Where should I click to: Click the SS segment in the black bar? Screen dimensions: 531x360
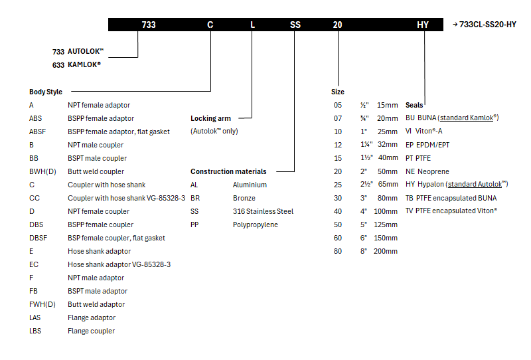(x=295, y=25)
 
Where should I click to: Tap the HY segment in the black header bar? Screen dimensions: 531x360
(x=423, y=25)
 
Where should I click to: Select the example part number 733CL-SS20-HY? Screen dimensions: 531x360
(x=488, y=25)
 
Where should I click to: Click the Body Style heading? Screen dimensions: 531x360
(x=46, y=92)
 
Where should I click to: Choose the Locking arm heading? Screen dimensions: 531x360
(x=210, y=118)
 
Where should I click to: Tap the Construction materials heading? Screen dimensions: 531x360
(x=228, y=171)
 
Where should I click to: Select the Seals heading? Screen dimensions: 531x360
(x=414, y=105)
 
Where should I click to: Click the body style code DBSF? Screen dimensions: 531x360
(x=38, y=238)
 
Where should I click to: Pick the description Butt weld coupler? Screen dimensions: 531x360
(x=96, y=171)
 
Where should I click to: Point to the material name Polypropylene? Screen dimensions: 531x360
(x=256, y=225)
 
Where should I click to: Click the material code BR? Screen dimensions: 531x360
(x=194, y=198)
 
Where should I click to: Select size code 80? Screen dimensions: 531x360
(x=338, y=251)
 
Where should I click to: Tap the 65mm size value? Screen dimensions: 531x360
(x=388, y=185)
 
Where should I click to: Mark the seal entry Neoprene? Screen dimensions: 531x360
(x=433, y=171)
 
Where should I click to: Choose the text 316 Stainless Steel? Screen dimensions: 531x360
(x=263, y=211)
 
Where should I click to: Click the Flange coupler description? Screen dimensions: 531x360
(x=91, y=331)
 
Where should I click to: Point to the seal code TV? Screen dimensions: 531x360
(x=409, y=211)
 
